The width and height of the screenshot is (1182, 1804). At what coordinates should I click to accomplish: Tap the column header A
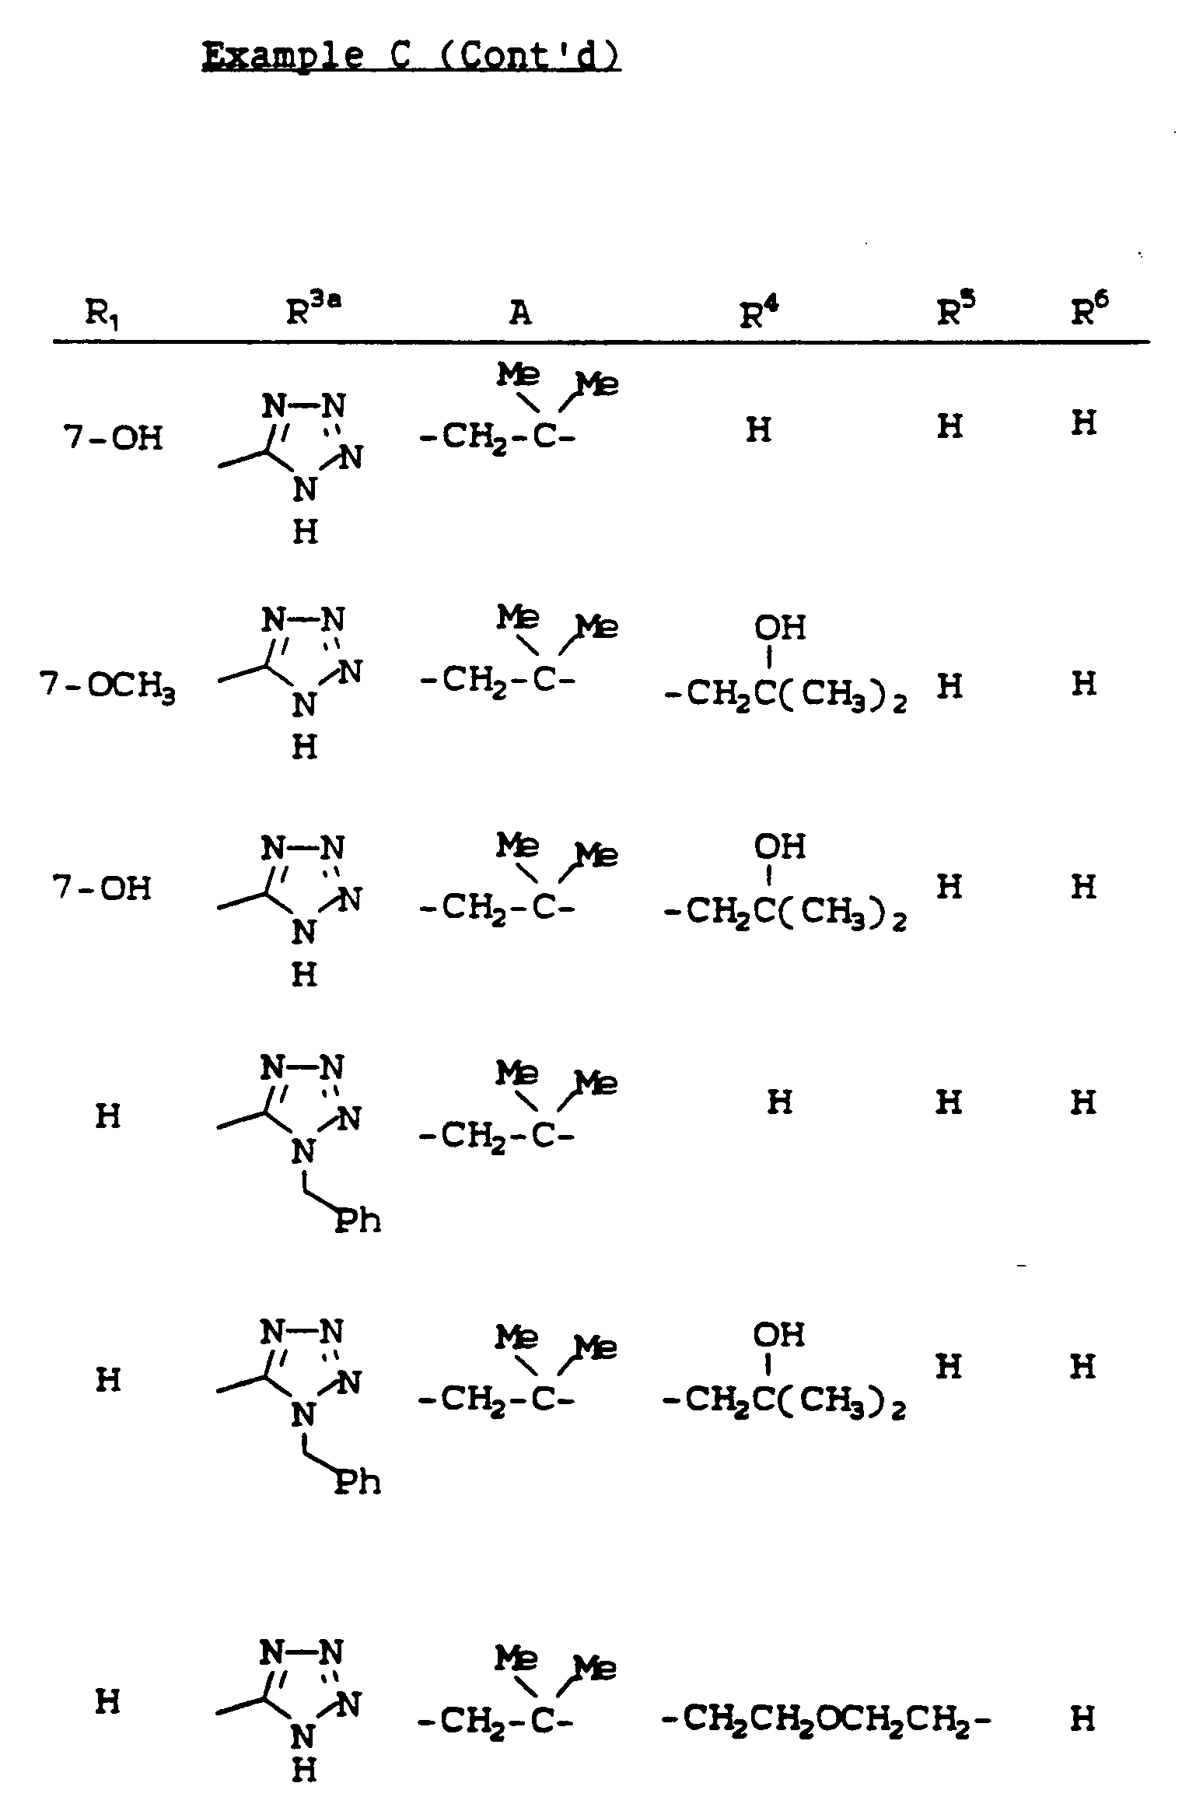[520, 313]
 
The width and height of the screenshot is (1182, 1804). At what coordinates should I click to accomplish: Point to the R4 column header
[759, 313]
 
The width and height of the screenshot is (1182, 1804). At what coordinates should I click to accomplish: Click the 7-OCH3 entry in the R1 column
[108, 688]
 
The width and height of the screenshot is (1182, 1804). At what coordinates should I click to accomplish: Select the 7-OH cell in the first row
[113, 439]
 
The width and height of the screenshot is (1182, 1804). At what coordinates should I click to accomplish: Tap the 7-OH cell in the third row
[102, 888]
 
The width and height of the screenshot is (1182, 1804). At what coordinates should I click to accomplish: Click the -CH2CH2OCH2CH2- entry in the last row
[825, 1718]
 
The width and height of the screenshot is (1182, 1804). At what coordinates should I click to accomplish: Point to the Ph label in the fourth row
[358, 1221]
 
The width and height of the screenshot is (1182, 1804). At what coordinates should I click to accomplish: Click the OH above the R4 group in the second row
[780, 627]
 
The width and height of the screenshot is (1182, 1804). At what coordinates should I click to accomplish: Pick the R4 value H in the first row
[758, 429]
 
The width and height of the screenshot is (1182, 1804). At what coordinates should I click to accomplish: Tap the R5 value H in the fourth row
[949, 1102]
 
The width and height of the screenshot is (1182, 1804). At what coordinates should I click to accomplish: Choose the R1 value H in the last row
[107, 1703]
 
